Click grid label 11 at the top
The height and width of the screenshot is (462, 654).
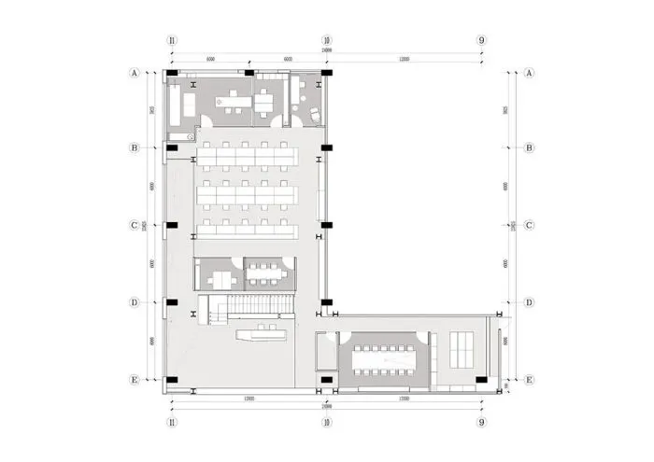click(171, 40)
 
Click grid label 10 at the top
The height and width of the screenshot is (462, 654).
click(327, 40)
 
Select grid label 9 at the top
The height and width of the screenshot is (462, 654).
click(481, 40)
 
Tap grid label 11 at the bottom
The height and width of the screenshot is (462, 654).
click(171, 422)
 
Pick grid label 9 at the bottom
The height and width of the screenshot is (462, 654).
click(481, 422)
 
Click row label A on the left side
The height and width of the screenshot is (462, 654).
click(135, 72)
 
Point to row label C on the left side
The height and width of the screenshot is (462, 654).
click(135, 225)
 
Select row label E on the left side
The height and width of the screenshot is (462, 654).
click(135, 380)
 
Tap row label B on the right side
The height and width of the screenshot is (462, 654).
click(529, 147)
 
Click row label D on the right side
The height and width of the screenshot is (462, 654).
click(529, 302)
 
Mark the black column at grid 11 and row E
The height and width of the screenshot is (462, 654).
click(171, 379)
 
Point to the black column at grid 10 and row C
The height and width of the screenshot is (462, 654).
click(325, 225)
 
